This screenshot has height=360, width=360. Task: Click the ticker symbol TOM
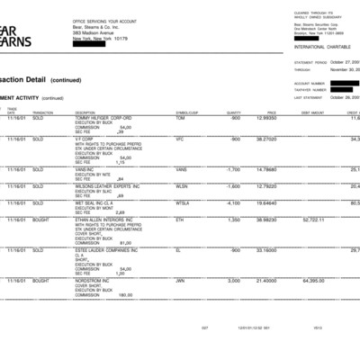tap(180, 118)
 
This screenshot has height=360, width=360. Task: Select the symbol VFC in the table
tap(180, 139)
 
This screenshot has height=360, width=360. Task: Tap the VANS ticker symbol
tap(181, 169)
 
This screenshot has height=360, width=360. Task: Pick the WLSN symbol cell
tap(182, 186)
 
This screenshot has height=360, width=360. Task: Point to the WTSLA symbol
tap(183, 203)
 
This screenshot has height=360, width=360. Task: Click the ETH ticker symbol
tap(180, 220)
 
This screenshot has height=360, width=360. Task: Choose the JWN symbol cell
tap(180, 281)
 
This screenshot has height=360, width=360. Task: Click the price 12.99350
tap(265, 118)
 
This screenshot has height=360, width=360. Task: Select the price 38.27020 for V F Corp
tap(265, 139)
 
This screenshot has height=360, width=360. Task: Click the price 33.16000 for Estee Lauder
tap(265, 250)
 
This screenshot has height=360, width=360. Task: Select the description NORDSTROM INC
tap(96, 281)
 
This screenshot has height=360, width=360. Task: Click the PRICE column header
tap(271, 112)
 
